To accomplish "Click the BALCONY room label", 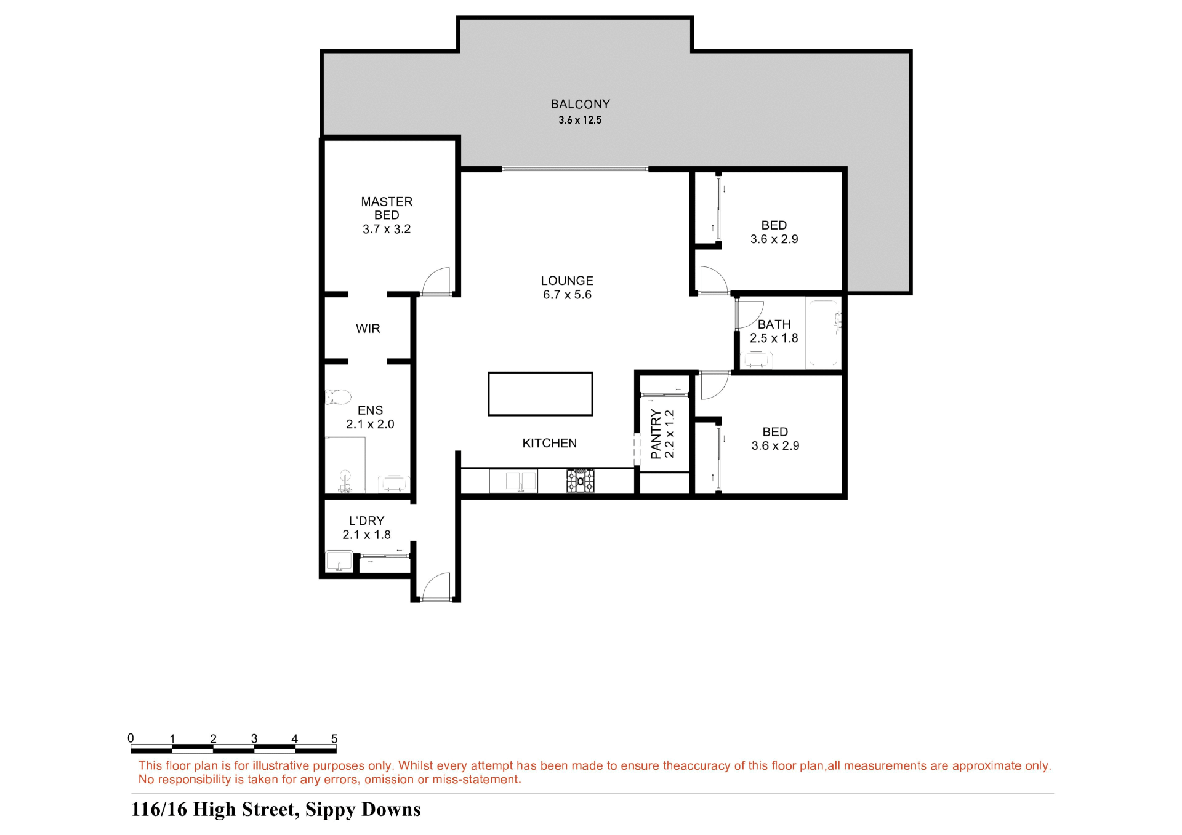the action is [580, 104].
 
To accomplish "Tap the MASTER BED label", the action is [387, 208].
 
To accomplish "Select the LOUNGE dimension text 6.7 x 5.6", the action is [567, 295].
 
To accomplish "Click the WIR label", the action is [368, 329].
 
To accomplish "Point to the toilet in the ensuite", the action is [337, 397].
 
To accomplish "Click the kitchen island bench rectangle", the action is [541, 394].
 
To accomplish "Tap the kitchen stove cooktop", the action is [581, 481].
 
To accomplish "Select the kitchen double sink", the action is [513, 481].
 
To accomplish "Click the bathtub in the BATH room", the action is [823, 333].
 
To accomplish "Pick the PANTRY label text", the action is [656, 434].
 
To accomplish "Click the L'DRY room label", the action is [366, 521].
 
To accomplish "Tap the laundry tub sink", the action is [339, 561].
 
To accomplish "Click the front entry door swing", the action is [435, 586].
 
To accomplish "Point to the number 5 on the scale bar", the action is [334, 738].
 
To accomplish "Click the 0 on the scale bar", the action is [131, 738].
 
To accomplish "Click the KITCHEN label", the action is [549, 443].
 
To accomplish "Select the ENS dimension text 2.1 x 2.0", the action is [370, 424].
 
